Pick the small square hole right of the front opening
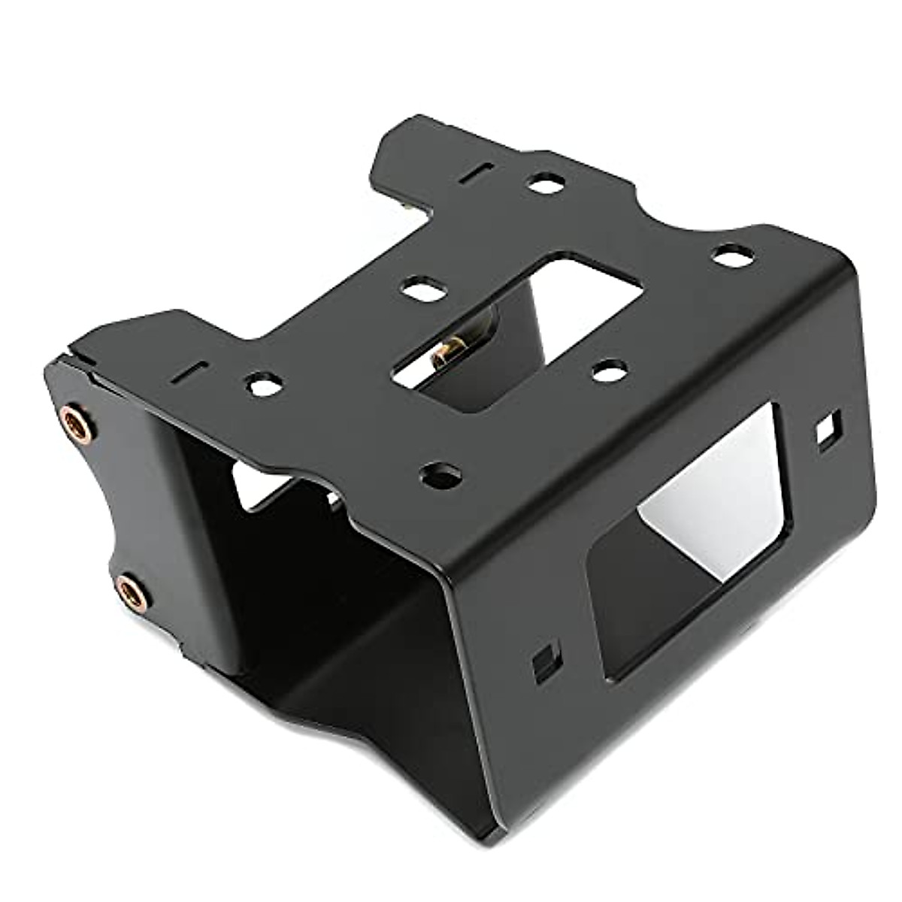click(x=827, y=434)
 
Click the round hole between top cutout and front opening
click(x=610, y=370)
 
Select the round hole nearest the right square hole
click(x=726, y=256)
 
